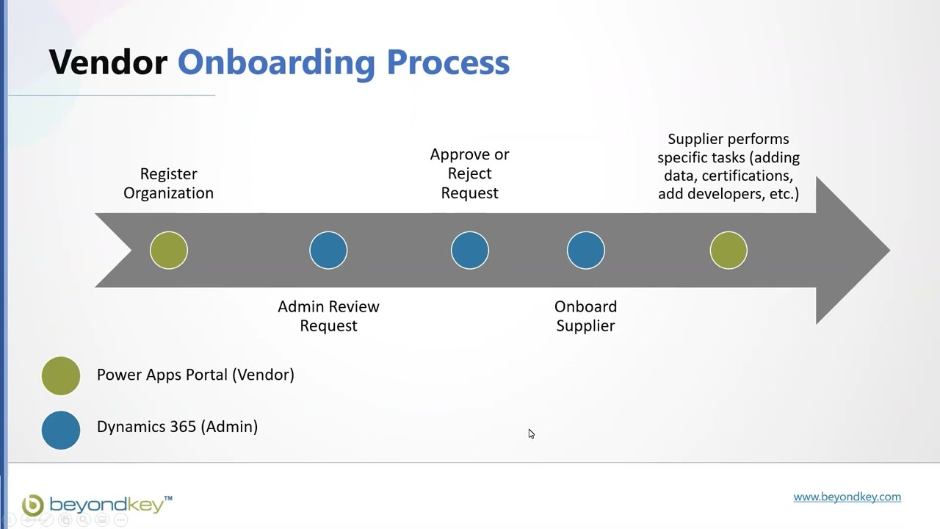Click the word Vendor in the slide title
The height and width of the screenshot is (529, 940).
tap(108, 62)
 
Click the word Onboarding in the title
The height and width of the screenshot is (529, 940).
tap(276, 62)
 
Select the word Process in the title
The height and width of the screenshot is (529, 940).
tap(448, 62)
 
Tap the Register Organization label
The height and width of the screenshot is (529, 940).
tap(168, 184)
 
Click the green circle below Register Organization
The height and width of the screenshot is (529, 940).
tap(169, 251)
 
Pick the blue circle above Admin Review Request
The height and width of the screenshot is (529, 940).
tap(328, 251)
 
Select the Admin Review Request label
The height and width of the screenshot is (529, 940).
tap(328, 316)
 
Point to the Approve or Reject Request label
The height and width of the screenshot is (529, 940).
tap(469, 173)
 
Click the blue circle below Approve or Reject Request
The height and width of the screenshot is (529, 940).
tap(470, 251)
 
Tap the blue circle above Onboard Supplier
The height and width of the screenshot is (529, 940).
tap(586, 251)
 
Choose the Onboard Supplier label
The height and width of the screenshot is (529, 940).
tap(585, 316)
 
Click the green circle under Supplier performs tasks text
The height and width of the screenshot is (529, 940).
tap(728, 251)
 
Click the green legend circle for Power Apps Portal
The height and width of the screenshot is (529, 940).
tap(61, 375)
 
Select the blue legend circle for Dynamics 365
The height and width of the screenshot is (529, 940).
tap(61, 430)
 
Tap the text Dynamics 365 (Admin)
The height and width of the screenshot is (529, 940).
tap(177, 427)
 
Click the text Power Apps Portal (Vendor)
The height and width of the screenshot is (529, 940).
tap(195, 375)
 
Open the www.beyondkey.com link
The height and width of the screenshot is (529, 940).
tap(847, 497)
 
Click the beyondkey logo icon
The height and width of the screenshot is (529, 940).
tap(33, 505)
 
